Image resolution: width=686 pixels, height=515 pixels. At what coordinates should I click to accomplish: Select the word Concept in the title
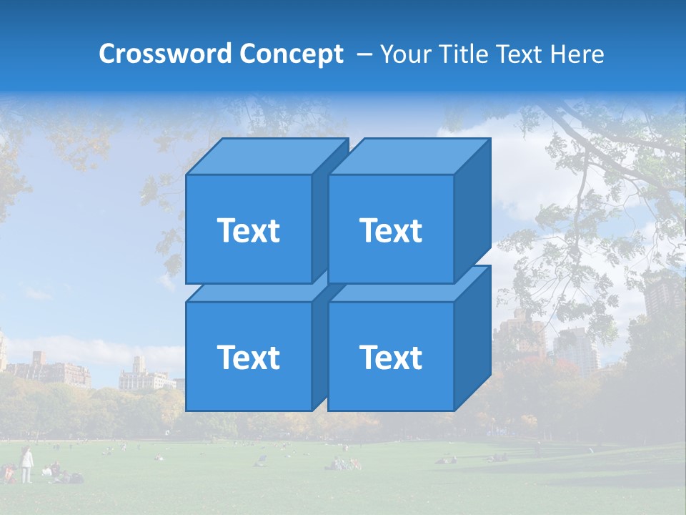point(291,54)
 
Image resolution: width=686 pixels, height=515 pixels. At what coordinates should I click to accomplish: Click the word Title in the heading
point(465,54)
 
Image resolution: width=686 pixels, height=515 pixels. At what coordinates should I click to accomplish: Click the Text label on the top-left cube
point(248,230)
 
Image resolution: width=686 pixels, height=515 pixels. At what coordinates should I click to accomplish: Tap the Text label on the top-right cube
point(391,230)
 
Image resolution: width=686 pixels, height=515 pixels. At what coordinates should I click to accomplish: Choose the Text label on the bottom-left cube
point(248,357)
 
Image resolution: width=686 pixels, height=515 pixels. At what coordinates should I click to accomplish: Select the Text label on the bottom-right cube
point(391,357)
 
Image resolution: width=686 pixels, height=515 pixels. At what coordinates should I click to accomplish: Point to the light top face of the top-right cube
point(409,156)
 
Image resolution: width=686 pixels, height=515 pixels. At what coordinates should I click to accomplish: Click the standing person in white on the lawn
point(26,464)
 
